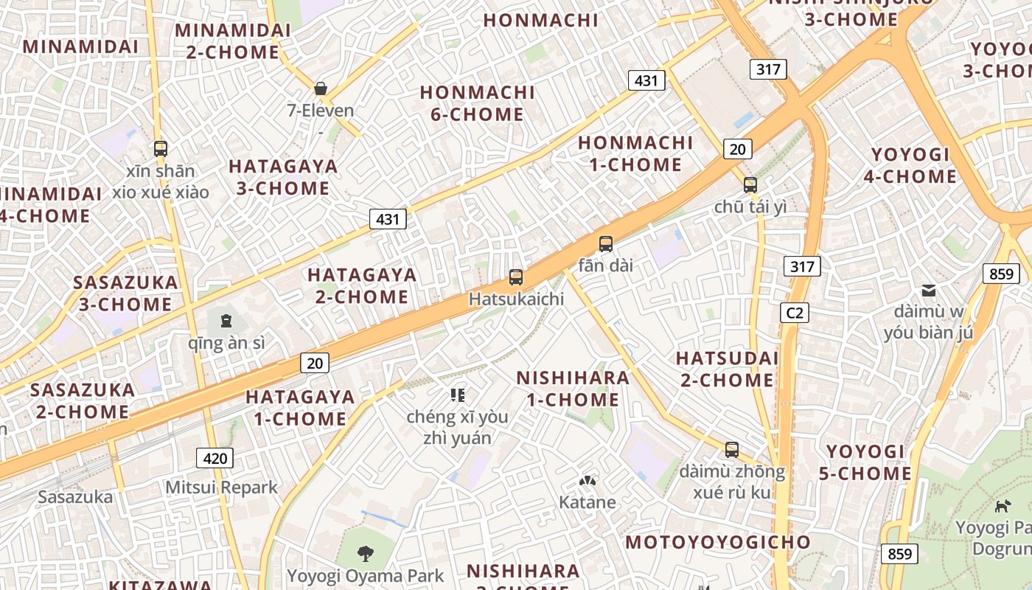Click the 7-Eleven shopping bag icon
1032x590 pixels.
pos(321,88)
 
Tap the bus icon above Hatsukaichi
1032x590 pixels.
pos(516,277)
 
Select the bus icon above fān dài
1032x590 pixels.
pos(606,243)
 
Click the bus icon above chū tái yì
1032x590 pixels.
pos(750,184)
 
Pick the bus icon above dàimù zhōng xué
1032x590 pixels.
pos(732,449)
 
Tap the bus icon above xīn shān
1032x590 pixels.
pos(161,148)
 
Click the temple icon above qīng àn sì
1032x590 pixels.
pos(226,321)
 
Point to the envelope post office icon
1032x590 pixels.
pos(929,291)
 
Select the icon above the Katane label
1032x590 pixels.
pos(588,482)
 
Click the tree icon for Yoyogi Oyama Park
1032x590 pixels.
pos(365,553)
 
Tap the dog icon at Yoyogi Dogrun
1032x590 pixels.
pos(1003,506)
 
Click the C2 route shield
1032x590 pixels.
pos(795,313)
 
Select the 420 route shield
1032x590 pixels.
pos(215,458)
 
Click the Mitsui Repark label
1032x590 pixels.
pos(221,487)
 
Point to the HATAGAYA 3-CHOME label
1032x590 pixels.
pos(283,177)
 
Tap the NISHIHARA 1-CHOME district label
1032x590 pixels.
pos(573,389)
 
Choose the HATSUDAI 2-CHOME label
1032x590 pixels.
pos(727,369)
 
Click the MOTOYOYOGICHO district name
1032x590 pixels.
pos(718,542)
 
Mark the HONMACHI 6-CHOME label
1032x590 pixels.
pos(477,103)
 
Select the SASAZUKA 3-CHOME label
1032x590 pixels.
pos(125,293)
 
